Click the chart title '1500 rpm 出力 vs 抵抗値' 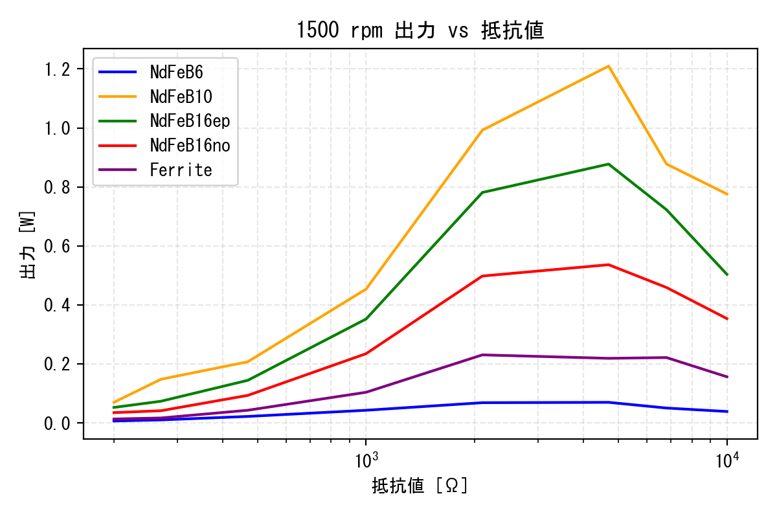(420, 30)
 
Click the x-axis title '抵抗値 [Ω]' (420, 486)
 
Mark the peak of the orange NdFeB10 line (609, 66)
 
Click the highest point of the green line (609, 164)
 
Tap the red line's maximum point (609, 265)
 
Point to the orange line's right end (727, 194)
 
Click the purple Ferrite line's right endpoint (727, 377)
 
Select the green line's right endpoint (727, 275)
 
